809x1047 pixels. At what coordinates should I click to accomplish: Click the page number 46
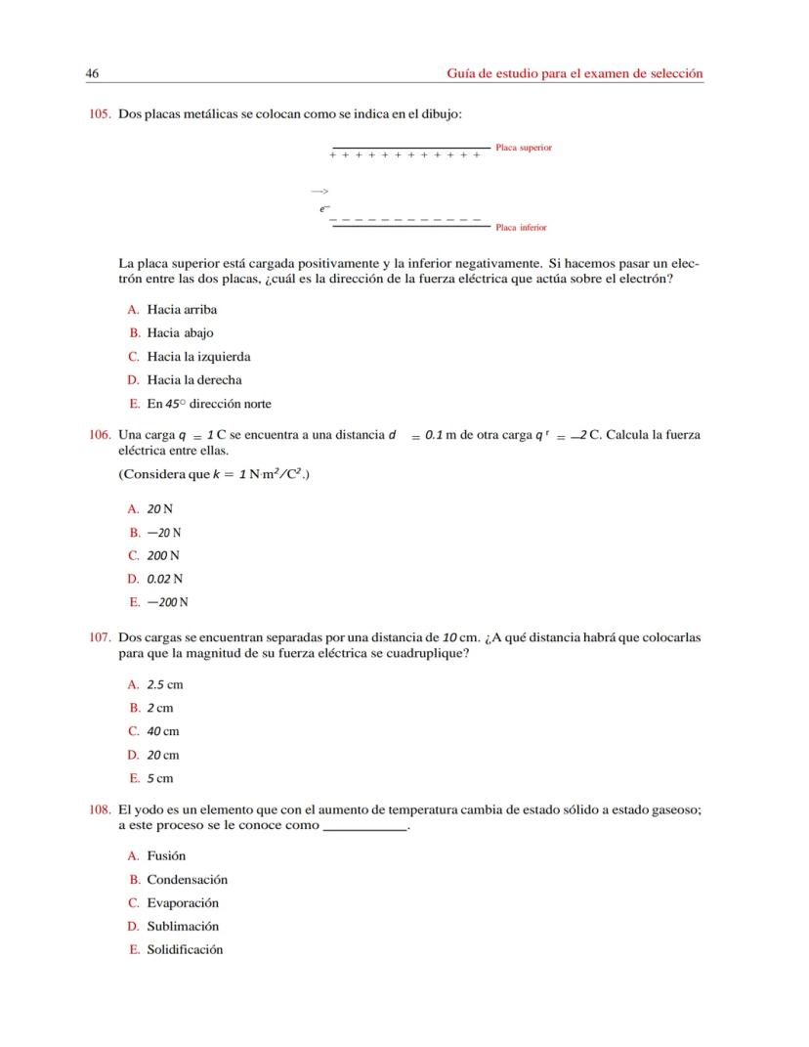93,73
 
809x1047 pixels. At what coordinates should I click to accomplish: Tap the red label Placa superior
524,148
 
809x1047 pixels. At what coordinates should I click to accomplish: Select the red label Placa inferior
521,228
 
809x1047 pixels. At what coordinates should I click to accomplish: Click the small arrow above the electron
319,192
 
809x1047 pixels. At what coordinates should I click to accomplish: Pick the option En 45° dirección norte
209,404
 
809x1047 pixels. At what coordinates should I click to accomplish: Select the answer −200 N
167,602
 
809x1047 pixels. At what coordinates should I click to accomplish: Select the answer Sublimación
183,926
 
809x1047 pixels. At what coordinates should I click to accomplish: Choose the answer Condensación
187,879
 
